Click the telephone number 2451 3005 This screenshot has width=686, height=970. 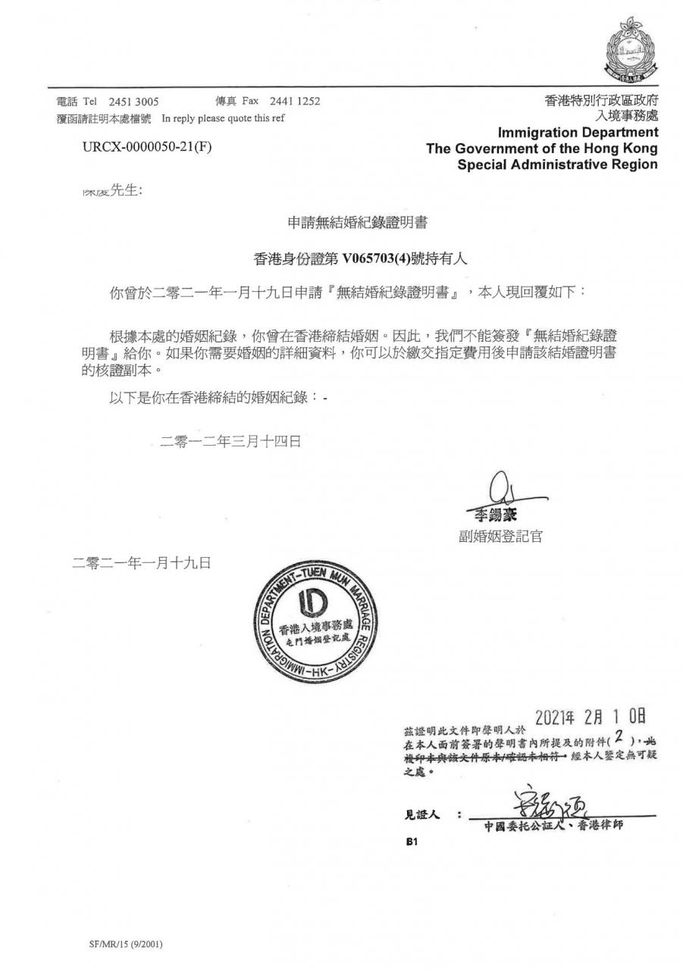pos(133,102)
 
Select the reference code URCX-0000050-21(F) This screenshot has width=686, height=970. pos(148,146)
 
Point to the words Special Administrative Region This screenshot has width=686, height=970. pos(557,164)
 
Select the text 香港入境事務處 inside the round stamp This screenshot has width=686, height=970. pos(315,628)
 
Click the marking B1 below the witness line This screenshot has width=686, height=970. pos(412,842)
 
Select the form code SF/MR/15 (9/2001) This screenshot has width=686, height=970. pos(127,944)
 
